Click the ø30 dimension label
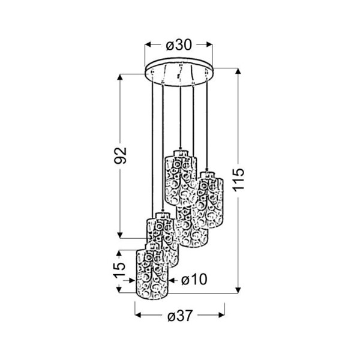tap(179, 45)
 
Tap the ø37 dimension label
tap(179, 315)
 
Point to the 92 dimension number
tap(121, 155)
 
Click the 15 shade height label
tap(120, 269)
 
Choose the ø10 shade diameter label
tap(194, 280)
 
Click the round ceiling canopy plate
tap(179, 72)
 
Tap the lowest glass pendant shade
tap(152, 271)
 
